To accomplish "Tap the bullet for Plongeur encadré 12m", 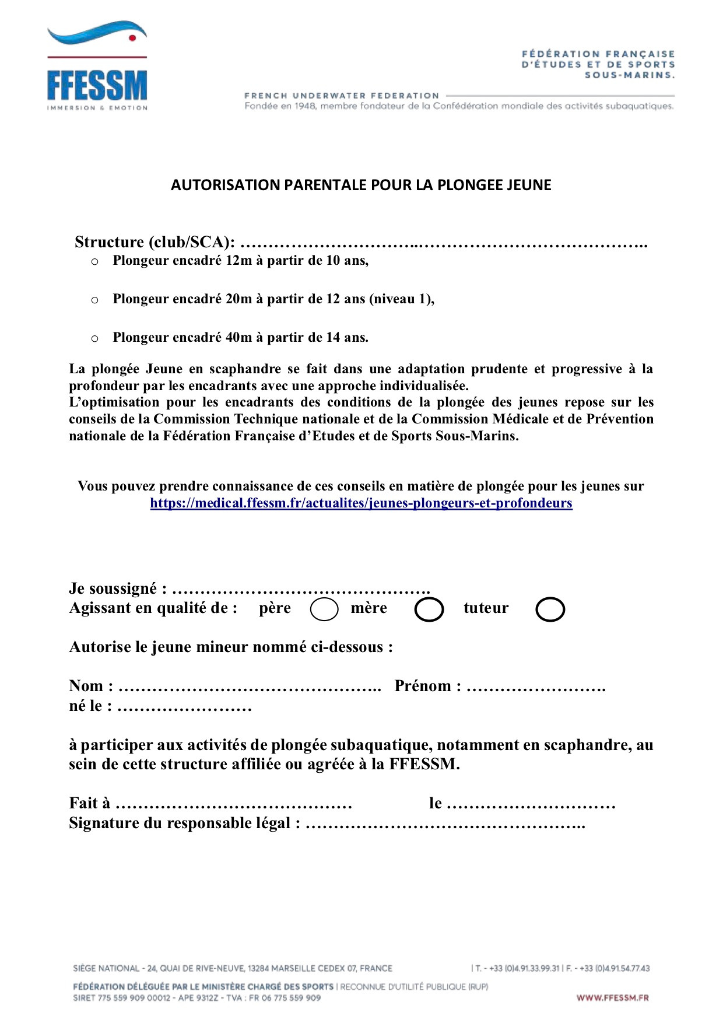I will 95,262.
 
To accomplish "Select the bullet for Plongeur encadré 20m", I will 95,300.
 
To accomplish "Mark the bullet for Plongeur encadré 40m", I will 95,339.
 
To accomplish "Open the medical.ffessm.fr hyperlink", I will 361,503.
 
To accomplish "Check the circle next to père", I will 324,609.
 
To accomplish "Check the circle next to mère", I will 429,609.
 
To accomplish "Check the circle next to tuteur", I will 550,609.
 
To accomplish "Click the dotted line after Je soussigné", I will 301,590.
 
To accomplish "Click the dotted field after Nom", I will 250,687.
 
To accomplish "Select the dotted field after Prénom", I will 536,687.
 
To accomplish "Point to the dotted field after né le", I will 184,707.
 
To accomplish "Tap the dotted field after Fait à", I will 234,804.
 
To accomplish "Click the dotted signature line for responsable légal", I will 445,824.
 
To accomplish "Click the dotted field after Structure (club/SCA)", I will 443,243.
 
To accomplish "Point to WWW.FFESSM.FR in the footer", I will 612,998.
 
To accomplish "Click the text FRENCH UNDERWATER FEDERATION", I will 342,96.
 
